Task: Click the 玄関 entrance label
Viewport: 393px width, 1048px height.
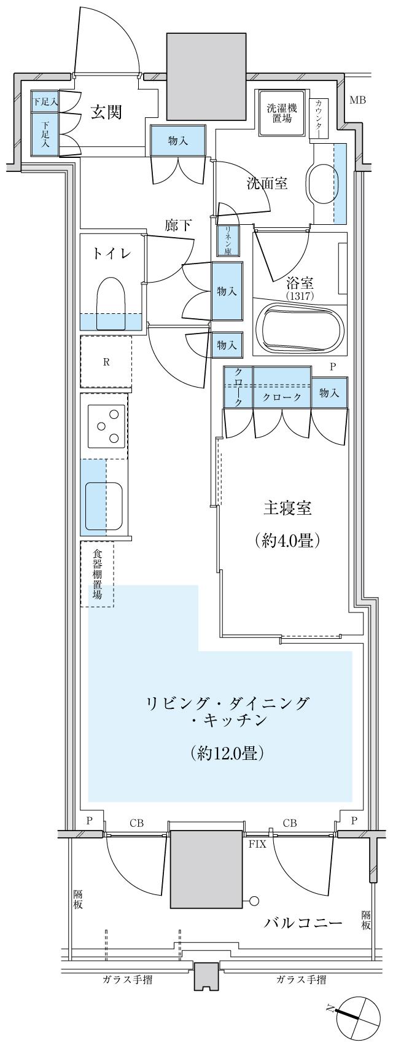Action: coord(107,112)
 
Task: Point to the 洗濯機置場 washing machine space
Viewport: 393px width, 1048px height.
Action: coord(282,113)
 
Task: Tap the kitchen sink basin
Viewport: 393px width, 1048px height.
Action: coord(104,505)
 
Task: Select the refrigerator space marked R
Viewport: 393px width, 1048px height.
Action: coord(106,362)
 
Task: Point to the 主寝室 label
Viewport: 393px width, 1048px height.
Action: coord(287,509)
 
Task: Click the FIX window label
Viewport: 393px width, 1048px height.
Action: coord(257,844)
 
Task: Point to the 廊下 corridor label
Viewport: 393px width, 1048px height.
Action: coord(177,225)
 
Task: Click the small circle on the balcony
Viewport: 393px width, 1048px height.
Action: coord(254,902)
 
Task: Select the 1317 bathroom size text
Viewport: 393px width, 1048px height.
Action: coord(300,295)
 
